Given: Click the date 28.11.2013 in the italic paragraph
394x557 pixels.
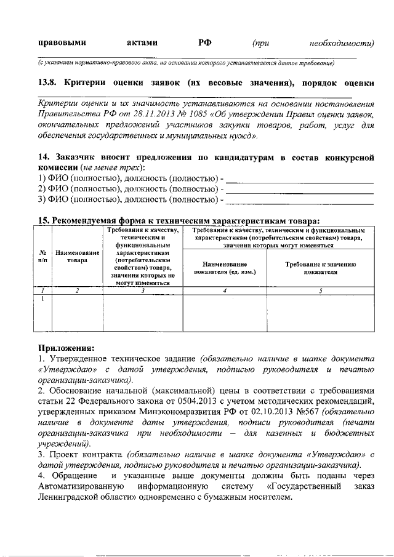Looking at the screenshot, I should coord(169,114).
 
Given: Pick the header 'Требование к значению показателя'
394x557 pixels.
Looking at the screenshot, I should coord(321,267).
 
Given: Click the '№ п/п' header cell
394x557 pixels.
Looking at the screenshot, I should coord(43,256).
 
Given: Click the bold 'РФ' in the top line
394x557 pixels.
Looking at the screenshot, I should coord(205,42).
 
